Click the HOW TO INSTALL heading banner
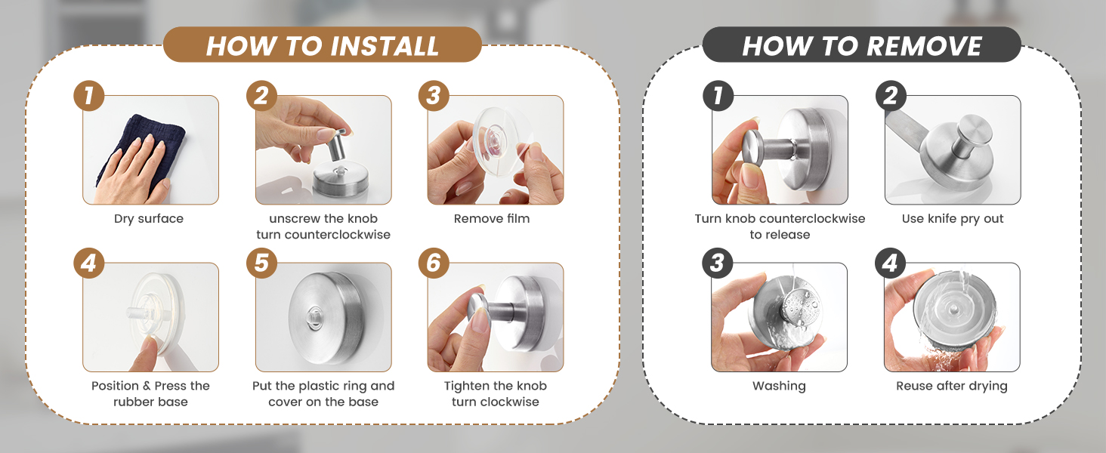pos(323,45)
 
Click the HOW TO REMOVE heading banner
pos(861,45)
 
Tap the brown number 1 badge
pos(89,97)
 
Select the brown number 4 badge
pos(89,263)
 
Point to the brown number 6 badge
pos(434,263)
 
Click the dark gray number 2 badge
pos(891,97)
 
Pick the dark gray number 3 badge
pos(718,263)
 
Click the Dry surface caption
pos(149,219)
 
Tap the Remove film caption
pos(492,219)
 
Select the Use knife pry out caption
pos(953,219)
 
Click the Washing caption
pos(779,386)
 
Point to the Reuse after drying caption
pos(952,386)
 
